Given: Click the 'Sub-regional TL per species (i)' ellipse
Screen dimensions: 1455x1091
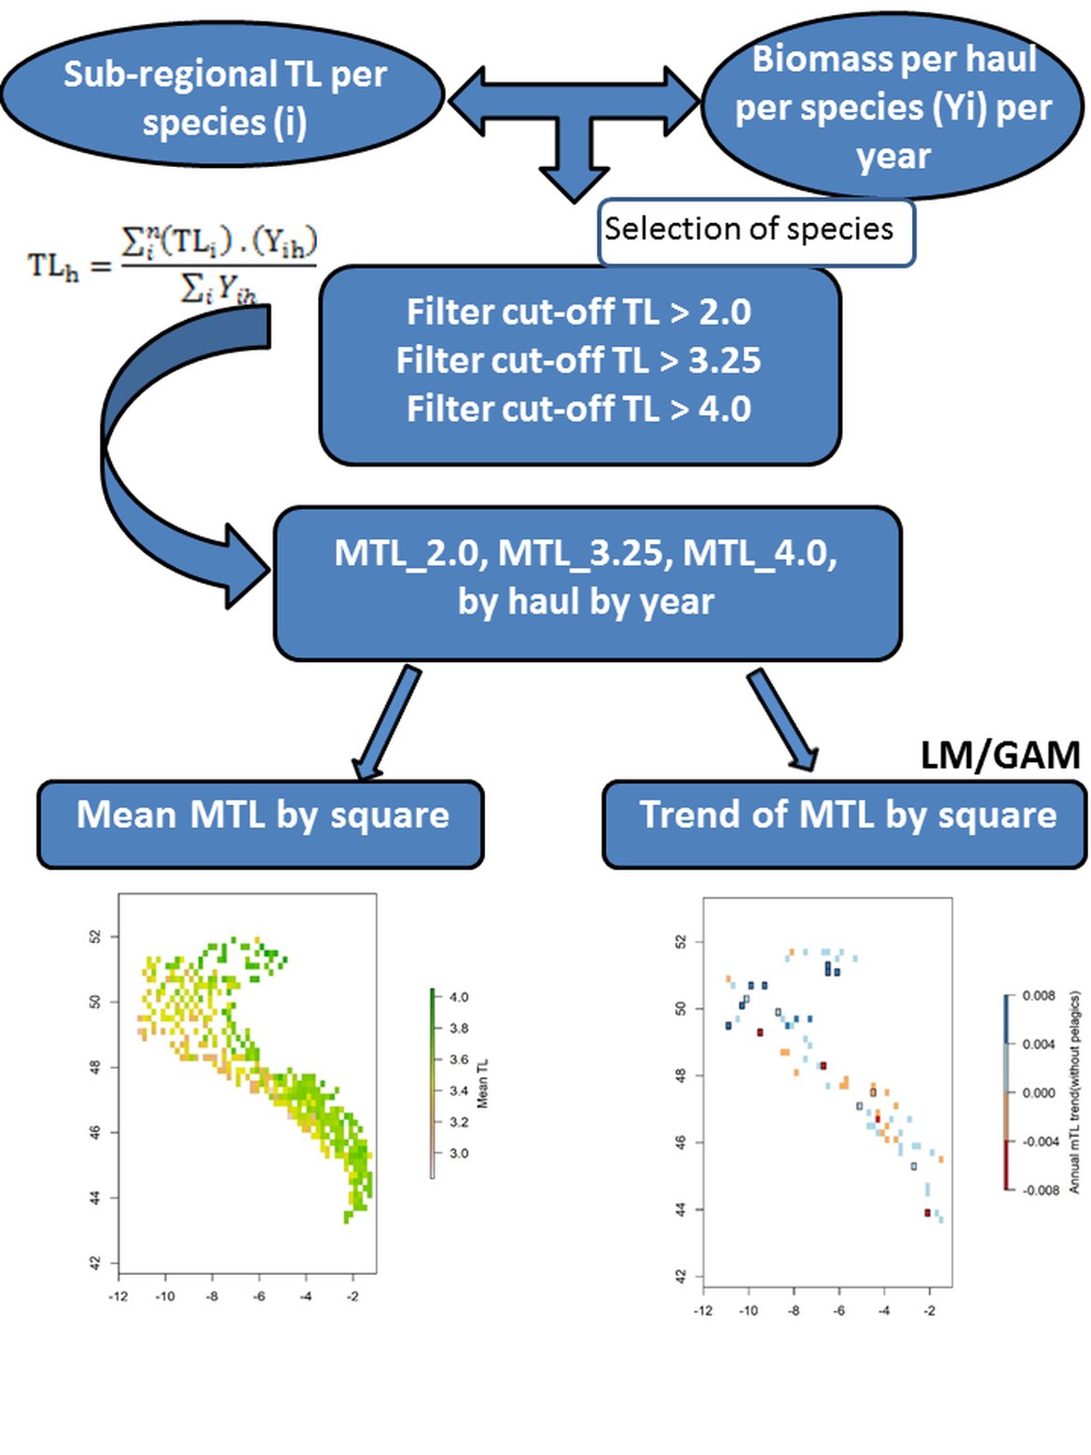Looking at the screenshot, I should [224, 97].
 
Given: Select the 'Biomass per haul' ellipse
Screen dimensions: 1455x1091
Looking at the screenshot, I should [892, 106].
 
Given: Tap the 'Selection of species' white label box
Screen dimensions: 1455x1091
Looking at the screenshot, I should [754, 229].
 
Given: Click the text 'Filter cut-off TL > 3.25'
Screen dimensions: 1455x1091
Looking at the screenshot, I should [578, 360].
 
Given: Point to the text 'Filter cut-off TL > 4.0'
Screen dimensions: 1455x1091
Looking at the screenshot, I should [578, 409].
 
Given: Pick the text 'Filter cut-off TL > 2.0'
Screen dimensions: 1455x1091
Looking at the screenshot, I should [578, 312].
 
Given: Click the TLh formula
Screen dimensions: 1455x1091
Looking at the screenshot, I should [173, 264].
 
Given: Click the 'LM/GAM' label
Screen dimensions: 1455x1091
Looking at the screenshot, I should [1000, 755].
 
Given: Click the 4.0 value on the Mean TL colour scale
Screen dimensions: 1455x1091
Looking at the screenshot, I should [458, 997].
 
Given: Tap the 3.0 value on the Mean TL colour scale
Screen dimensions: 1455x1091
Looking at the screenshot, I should [458, 1154].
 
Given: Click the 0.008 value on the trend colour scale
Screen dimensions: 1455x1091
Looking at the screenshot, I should [1038, 996].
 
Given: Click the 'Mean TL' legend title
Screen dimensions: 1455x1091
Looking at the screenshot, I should [483, 1084].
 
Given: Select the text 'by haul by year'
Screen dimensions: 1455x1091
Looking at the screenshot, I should [586, 603].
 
